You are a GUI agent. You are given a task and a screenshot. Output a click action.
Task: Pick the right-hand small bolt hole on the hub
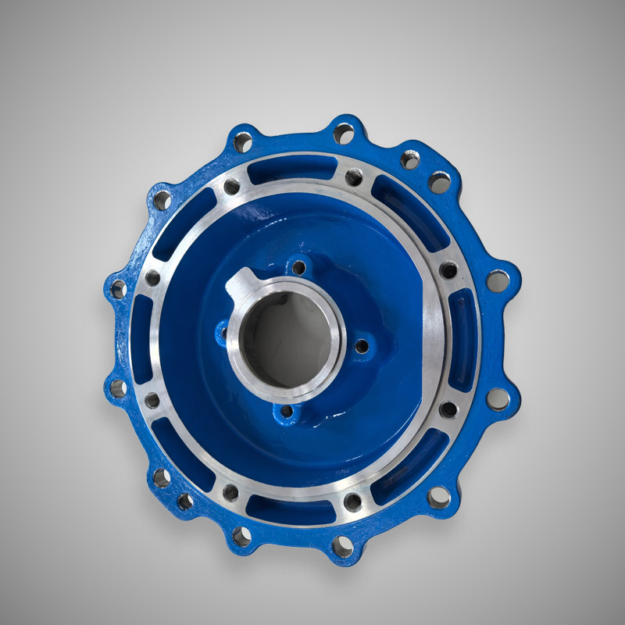pos(362,346)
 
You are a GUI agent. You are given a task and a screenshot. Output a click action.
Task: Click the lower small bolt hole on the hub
pos(287,411)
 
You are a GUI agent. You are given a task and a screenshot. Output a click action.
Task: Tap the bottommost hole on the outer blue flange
pos(342,546)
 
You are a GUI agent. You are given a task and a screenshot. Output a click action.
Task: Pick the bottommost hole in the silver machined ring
pos(352,501)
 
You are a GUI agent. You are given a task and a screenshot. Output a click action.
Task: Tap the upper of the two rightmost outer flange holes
pos(497,280)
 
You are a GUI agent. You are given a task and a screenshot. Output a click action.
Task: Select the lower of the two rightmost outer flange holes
pos(497,399)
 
